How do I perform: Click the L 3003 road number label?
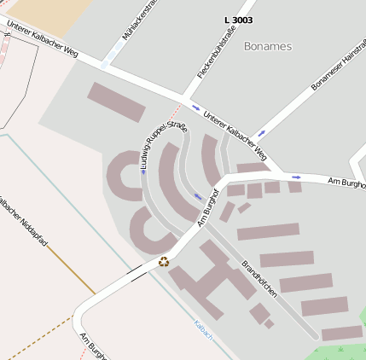[x=238, y=20]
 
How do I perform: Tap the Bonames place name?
[x=267, y=46]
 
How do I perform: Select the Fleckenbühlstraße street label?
[x=215, y=52]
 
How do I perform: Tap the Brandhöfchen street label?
[x=259, y=277]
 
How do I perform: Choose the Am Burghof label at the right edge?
[x=346, y=183]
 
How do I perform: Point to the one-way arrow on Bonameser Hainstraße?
[x=262, y=133]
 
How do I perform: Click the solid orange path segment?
[x=70, y=270]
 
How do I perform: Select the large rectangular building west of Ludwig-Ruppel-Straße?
[x=117, y=102]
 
